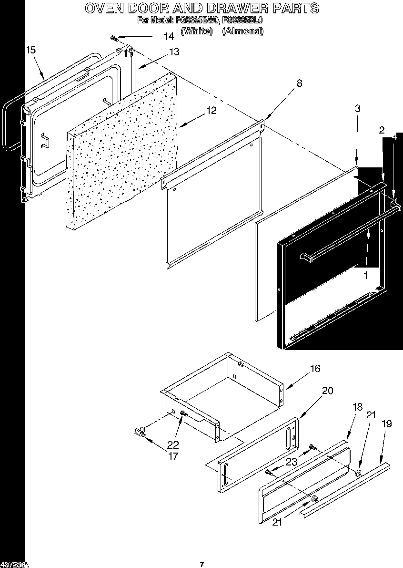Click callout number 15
(x=30, y=49)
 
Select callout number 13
(x=174, y=52)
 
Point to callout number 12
(x=211, y=111)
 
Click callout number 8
(x=299, y=83)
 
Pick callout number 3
(x=357, y=108)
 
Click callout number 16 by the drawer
(x=315, y=369)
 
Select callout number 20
(x=327, y=391)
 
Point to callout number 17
(x=173, y=456)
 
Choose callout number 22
(x=173, y=444)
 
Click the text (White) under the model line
(x=196, y=31)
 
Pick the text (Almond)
(x=242, y=31)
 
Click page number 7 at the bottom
(x=202, y=565)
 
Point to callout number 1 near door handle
(x=365, y=276)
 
